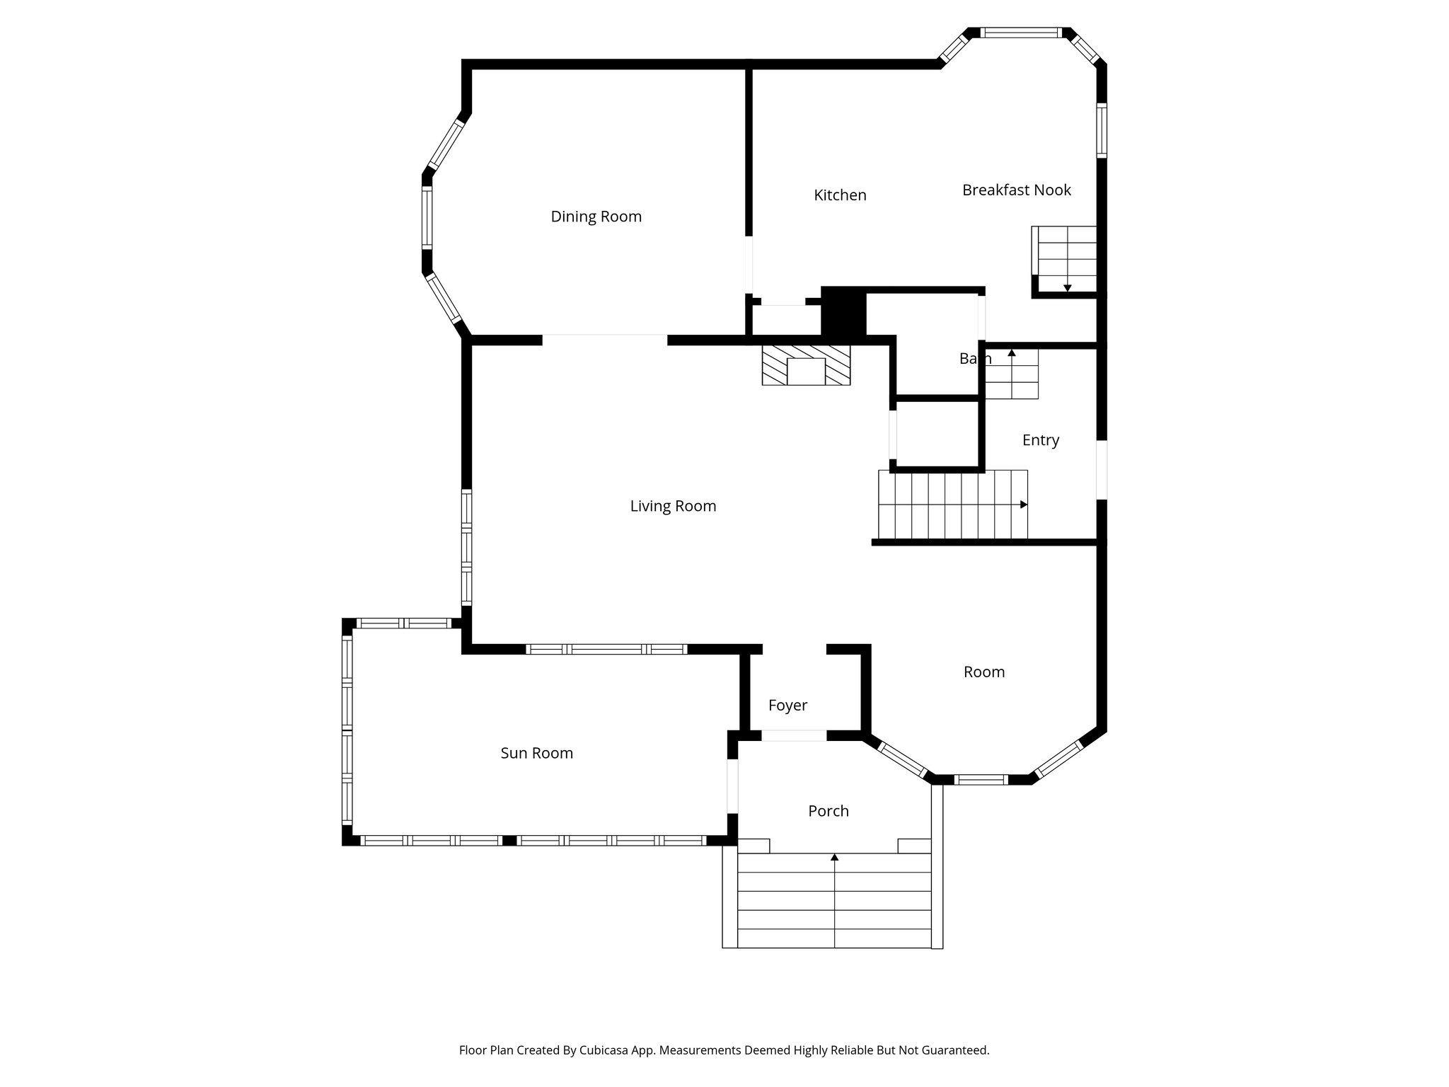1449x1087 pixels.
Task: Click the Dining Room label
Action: click(x=596, y=217)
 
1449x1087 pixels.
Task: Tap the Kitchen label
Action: click(x=840, y=195)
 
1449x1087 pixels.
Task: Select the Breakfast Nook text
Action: click(x=1016, y=190)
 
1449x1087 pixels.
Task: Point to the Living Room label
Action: click(x=673, y=506)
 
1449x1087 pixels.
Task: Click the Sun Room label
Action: click(x=536, y=753)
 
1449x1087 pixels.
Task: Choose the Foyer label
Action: click(x=787, y=706)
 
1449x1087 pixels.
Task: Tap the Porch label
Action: click(x=828, y=811)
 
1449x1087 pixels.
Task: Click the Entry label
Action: click(x=1040, y=440)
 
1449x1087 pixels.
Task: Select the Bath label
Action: click(x=974, y=359)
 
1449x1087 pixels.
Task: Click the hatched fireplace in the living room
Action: click(x=806, y=365)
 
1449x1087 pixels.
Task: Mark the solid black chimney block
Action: click(x=843, y=311)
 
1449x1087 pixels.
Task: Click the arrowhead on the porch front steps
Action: click(x=834, y=857)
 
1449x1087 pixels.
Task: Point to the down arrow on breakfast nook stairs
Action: click(x=1067, y=288)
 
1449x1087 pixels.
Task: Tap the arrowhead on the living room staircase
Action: click(x=1024, y=505)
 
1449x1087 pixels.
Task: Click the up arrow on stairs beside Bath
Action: click(x=1012, y=352)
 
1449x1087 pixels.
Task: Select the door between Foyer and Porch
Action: click(x=793, y=736)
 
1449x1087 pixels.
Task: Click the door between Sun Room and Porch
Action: click(x=732, y=786)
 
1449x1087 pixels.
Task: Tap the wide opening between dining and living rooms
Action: click(x=605, y=340)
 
